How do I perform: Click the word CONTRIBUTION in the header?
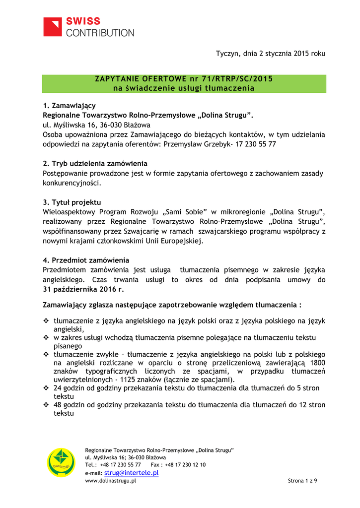(x=100, y=33)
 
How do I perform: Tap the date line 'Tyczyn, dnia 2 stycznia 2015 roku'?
(x=271, y=54)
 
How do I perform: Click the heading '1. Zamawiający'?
(x=69, y=106)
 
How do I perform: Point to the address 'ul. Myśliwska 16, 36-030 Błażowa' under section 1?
(x=96, y=125)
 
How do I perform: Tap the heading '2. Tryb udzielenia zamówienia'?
(x=95, y=164)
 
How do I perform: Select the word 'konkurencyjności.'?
(x=72, y=183)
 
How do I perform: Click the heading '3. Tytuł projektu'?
(x=72, y=202)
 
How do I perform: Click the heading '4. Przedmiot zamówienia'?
(x=86, y=260)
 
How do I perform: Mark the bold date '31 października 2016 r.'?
(x=83, y=289)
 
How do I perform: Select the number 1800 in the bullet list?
(x=317, y=363)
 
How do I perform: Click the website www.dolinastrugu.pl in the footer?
(x=111, y=481)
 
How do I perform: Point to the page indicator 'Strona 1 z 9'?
(x=302, y=481)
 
